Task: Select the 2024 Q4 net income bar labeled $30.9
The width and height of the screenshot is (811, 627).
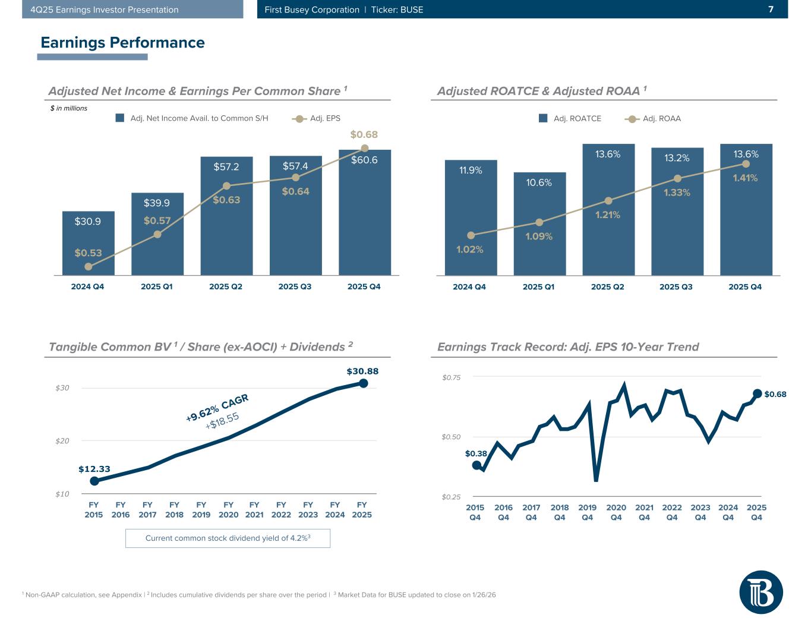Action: (x=88, y=244)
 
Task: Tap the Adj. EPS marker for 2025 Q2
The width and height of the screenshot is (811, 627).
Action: (x=226, y=186)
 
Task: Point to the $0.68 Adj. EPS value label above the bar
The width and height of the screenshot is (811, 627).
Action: (x=364, y=135)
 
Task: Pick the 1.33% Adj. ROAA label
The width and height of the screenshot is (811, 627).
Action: (x=677, y=193)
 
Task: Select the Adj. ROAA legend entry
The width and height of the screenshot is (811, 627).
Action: (x=653, y=119)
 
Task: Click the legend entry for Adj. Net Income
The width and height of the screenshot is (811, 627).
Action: (x=192, y=118)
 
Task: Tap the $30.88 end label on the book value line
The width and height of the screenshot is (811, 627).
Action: (x=362, y=371)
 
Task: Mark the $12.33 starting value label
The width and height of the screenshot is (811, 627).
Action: (x=94, y=469)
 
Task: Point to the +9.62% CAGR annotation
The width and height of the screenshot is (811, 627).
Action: (x=217, y=407)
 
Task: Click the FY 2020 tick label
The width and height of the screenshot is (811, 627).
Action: (x=228, y=510)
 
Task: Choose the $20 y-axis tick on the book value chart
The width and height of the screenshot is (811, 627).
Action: (x=62, y=441)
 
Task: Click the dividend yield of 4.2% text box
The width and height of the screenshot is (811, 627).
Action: (x=228, y=538)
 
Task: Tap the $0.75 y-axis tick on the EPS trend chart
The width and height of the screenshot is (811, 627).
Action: (x=452, y=377)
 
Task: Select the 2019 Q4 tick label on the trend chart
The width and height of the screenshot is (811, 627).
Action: (x=587, y=512)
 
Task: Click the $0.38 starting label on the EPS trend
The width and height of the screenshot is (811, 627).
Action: (x=476, y=453)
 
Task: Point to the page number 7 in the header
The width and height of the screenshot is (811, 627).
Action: (x=771, y=10)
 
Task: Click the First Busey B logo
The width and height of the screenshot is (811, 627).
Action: (x=760, y=592)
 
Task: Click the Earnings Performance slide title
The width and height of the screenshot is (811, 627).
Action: (x=122, y=43)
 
